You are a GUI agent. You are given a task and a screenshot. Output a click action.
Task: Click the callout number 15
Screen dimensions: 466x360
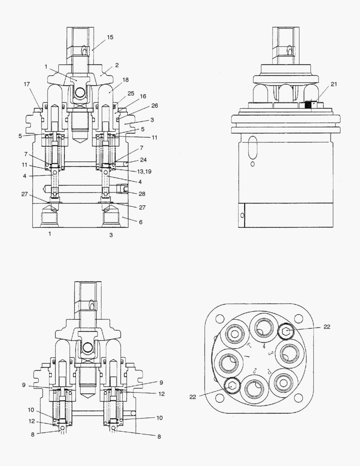point(110,38)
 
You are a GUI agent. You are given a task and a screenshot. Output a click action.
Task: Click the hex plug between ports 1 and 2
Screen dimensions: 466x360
point(232,386)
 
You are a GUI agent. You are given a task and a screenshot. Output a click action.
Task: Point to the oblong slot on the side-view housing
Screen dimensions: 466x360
point(253,148)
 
